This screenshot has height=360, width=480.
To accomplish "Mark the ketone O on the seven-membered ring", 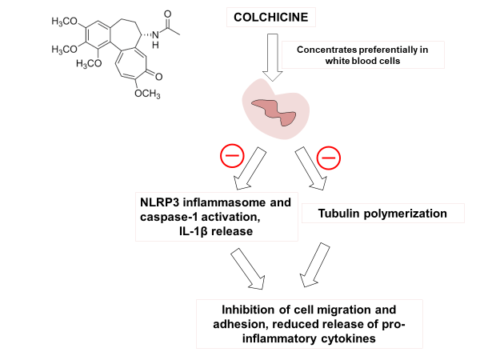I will [159, 78].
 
